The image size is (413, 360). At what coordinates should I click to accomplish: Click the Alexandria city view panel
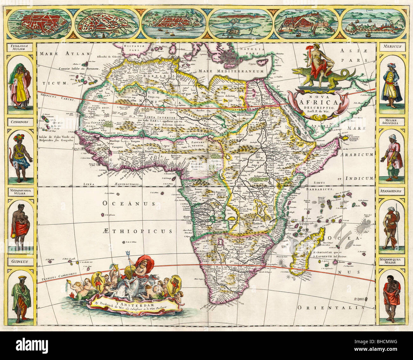coord(107,23)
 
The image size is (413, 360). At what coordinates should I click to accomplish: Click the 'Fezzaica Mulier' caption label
coord(20,47)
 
